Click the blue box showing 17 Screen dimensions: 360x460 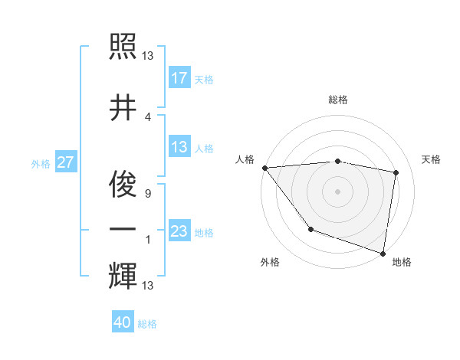pos(179,77)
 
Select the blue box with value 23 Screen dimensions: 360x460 pos(179,231)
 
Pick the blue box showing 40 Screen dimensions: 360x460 pos(123,322)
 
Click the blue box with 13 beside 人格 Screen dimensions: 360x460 pos(179,147)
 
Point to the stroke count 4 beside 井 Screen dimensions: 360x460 pos(148,116)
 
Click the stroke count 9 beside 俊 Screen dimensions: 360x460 pos(148,194)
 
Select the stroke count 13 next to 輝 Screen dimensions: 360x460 pos(148,286)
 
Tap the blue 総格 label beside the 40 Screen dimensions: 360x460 pos(147,324)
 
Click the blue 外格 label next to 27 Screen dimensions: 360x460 pos(41,163)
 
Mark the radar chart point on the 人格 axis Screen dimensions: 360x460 pos(264,168)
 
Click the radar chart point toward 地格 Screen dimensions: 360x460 pos(383,252)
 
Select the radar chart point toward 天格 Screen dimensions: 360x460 pos(396,172)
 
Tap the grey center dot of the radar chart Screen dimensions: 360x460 pos(337,191)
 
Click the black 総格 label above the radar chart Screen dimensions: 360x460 pos(337,100)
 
